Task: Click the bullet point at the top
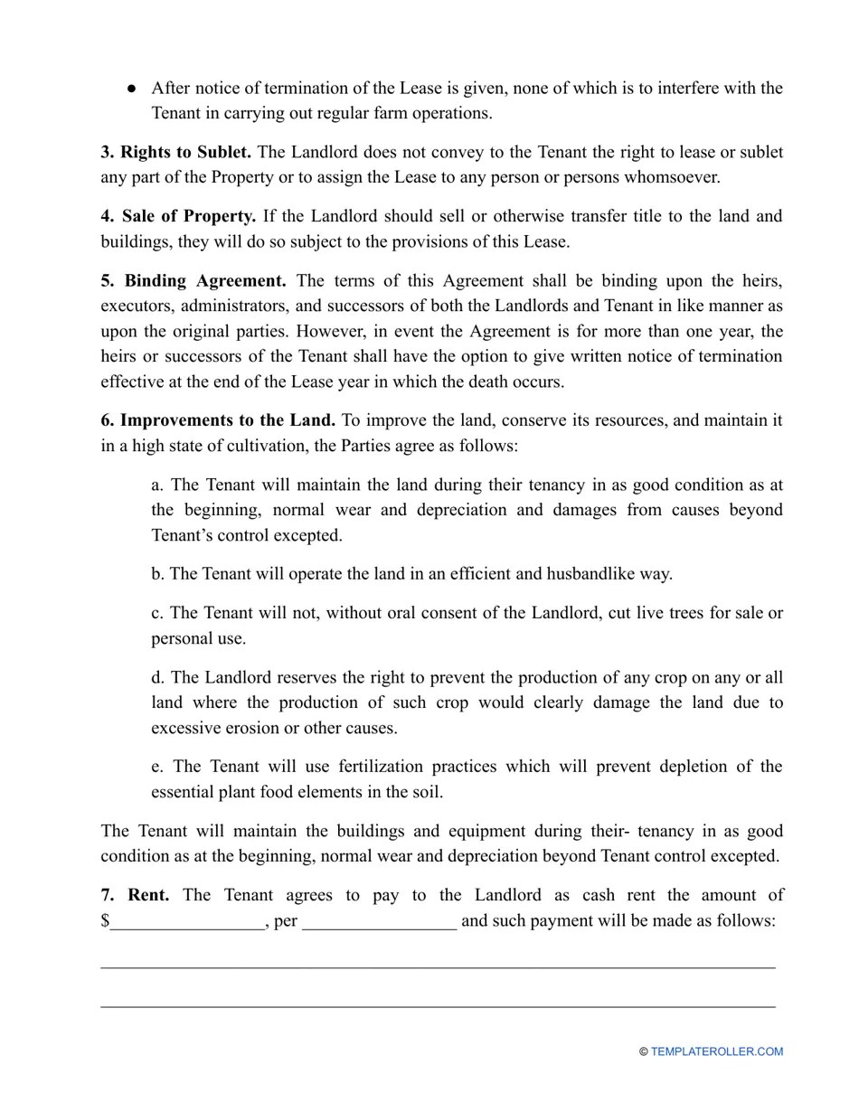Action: point(131,89)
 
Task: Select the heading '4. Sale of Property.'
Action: point(178,216)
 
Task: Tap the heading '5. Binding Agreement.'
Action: point(194,280)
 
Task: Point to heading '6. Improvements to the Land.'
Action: point(218,420)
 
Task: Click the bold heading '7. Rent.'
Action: point(135,895)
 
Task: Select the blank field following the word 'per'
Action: point(380,922)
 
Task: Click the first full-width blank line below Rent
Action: point(438,966)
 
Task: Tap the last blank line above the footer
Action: point(438,1005)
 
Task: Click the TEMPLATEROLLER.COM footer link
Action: point(716,1051)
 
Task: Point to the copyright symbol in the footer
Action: point(643,1051)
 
